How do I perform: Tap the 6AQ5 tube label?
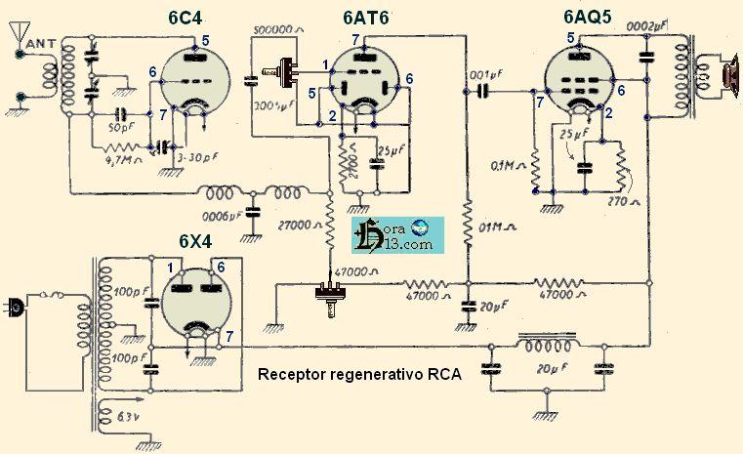[x=595, y=18]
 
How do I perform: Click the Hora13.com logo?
[x=397, y=237]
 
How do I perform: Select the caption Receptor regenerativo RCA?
[x=358, y=374]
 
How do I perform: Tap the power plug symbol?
[x=14, y=306]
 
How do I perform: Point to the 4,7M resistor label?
[x=115, y=163]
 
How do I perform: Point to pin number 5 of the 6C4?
[x=205, y=40]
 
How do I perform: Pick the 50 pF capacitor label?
[x=121, y=128]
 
